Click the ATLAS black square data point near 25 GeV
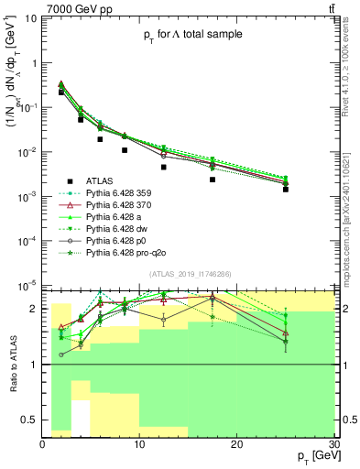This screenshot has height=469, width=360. click(286, 189)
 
